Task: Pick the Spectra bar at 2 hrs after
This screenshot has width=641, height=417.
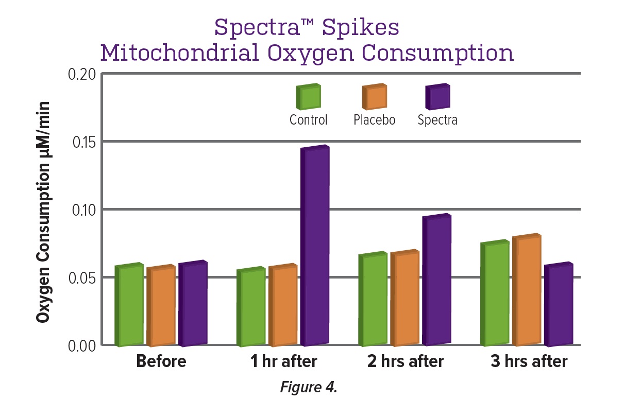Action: tap(437, 280)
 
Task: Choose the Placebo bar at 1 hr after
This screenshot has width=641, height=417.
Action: tap(283, 306)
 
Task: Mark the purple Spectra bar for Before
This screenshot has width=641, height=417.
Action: tap(193, 304)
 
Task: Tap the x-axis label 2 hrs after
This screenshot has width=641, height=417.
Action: tap(405, 361)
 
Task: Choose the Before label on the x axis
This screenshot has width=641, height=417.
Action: tap(161, 361)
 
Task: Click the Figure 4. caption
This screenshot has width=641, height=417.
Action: tap(308, 387)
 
